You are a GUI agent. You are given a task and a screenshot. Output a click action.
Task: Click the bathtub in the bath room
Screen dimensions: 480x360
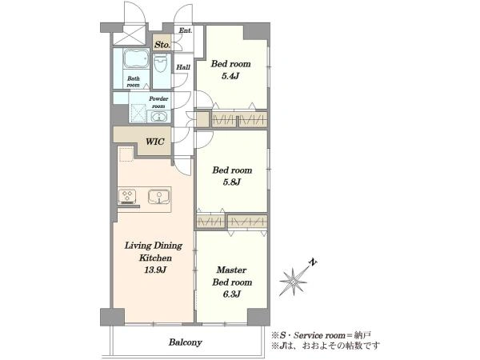[136, 58]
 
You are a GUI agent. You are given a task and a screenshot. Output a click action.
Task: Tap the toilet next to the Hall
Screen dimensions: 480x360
[161, 63]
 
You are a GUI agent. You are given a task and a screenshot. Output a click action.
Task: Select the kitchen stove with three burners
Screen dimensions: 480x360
[127, 197]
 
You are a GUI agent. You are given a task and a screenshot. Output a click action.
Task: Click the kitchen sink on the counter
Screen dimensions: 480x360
[158, 197]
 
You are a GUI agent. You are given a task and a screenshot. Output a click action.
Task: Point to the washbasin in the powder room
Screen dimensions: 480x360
[158, 117]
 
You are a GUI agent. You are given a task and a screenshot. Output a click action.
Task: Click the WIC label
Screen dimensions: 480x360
[155, 142]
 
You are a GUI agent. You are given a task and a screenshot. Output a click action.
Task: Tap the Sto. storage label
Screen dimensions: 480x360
[162, 45]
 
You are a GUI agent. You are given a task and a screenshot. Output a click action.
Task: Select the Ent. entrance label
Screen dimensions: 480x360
[186, 30]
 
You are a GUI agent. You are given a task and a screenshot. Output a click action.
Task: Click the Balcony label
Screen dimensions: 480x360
[186, 342]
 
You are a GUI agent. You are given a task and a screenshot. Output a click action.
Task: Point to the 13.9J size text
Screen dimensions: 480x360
[155, 270]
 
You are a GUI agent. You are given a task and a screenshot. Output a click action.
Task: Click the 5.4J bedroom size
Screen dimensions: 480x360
[230, 76]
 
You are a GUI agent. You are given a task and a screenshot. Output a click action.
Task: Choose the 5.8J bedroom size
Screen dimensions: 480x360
[232, 182]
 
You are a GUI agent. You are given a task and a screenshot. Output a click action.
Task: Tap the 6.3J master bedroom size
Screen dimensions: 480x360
[231, 294]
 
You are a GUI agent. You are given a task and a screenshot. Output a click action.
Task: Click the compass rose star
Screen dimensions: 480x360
[293, 282]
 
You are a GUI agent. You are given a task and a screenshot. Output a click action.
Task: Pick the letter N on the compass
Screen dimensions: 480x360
[313, 262]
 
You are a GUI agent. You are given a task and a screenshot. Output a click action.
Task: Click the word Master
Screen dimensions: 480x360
[231, 270]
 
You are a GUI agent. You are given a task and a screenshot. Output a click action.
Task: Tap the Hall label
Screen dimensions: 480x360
[183, 67]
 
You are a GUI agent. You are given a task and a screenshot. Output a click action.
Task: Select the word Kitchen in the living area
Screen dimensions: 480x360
[155, 258]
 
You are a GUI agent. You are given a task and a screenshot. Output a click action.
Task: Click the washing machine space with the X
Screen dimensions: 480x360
[138, 114]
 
